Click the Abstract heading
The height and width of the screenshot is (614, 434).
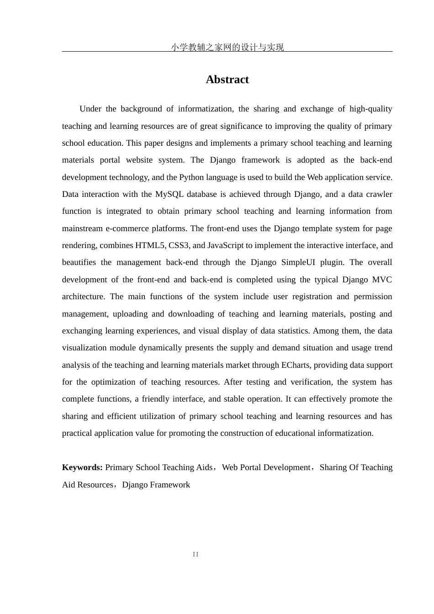227,79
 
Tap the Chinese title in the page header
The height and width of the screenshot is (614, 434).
227,47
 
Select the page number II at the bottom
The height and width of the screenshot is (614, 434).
196,554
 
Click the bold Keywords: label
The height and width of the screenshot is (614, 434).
82,467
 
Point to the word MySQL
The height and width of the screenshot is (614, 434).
169,194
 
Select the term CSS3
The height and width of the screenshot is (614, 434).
179,245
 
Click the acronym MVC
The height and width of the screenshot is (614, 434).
382,280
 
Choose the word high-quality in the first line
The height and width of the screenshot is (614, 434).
370,109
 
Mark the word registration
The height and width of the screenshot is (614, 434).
311,296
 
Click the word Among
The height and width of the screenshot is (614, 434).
323,331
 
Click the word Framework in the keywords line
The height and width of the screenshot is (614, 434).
170,485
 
